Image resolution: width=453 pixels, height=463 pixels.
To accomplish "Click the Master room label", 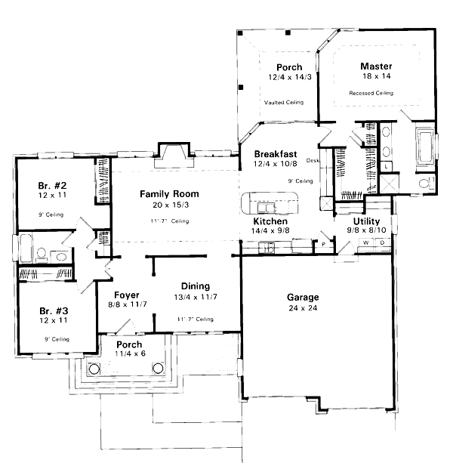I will point(375,66).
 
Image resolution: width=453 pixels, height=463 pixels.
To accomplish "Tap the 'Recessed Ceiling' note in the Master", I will point(371,93).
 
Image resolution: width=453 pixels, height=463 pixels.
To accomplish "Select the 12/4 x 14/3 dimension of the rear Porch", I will point(288,77).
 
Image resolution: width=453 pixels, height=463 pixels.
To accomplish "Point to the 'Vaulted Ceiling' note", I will point(284,102).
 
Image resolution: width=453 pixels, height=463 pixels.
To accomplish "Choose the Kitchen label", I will point(270,221).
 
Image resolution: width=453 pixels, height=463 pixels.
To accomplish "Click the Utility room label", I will point(367,221).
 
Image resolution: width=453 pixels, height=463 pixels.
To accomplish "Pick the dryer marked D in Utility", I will point(383,242).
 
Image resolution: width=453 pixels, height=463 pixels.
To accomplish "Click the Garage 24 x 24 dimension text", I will point(302,308).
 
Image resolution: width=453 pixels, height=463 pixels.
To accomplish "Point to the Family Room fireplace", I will point(168,156).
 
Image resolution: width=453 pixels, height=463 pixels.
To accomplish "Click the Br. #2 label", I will point(54,186).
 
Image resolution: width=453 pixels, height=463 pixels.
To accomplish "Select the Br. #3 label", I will point(54,310).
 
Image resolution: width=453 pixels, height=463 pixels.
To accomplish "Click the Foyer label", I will point(125,295).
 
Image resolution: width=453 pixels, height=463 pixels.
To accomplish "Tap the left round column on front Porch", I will point(94,369).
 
